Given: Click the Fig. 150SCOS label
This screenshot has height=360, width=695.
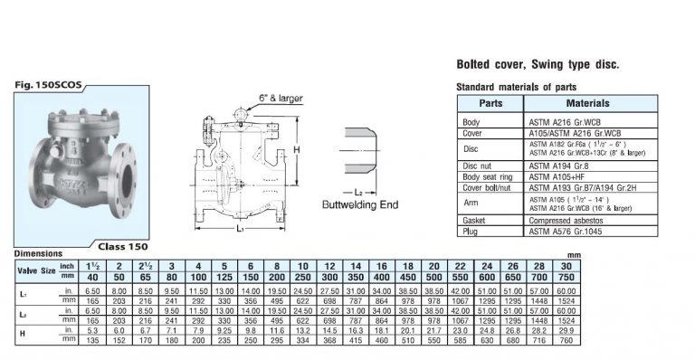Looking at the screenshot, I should (x=49, y=85).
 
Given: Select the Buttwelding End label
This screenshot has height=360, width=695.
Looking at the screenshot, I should (x=359, y=205).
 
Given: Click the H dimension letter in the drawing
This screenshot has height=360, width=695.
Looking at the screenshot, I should (x=296, y=148).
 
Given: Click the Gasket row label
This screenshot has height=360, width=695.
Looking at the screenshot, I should (x=476, y=220).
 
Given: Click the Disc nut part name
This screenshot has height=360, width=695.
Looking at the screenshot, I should (x=479, y=166).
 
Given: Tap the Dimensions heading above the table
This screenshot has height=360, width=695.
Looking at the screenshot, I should (x=38, y=254).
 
